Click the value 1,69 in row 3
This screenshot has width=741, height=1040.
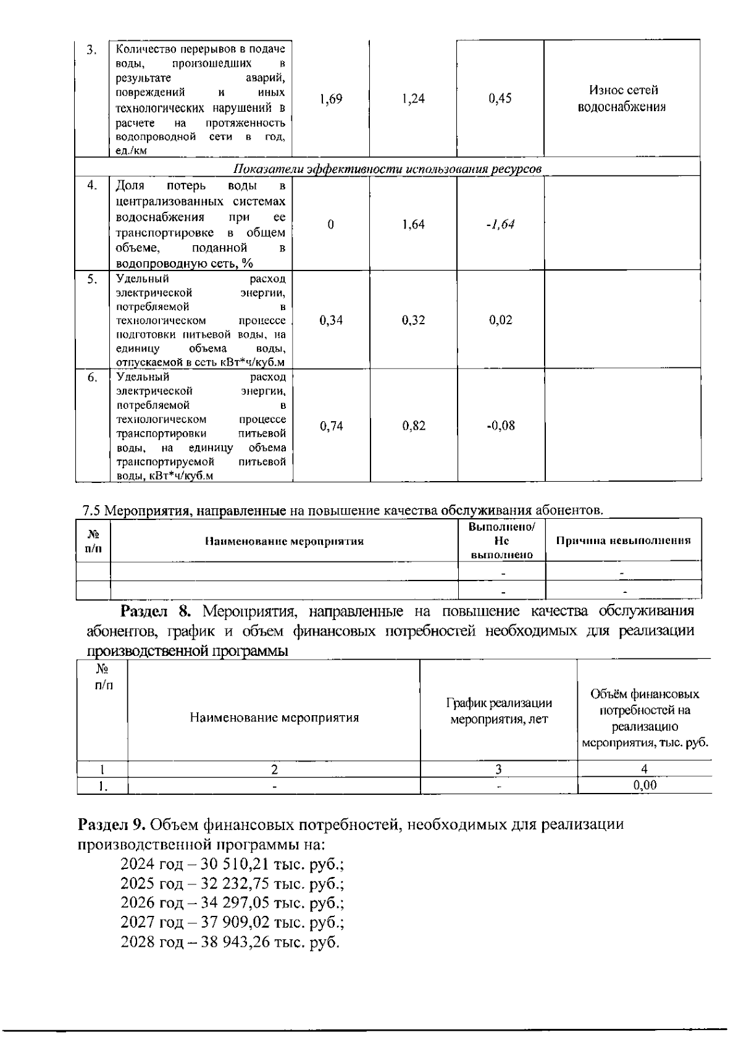tap(331, 99)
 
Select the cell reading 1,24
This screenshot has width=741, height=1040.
tap(413, 99)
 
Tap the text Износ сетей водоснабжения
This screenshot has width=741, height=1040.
tap(622, 99)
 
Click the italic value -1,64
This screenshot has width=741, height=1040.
tap(500, 224)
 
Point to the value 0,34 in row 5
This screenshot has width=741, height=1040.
tap(331, 320)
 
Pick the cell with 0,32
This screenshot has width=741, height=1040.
tap(413, 320)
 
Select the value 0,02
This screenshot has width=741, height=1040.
tap(500, 320)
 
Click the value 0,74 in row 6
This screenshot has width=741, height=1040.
tap(331, 426)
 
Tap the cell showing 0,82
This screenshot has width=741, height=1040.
tap(413, 426)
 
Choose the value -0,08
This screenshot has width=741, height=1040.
tap(500, 426)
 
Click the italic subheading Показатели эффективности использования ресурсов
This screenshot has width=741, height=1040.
tap(388, 169)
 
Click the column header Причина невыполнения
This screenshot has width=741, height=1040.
tap(623, 541)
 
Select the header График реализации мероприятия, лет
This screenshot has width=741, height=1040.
tap(499, 711)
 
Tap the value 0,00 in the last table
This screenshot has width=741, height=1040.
tap(644, 786)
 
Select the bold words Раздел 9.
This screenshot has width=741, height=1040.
tap(111, 824)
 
